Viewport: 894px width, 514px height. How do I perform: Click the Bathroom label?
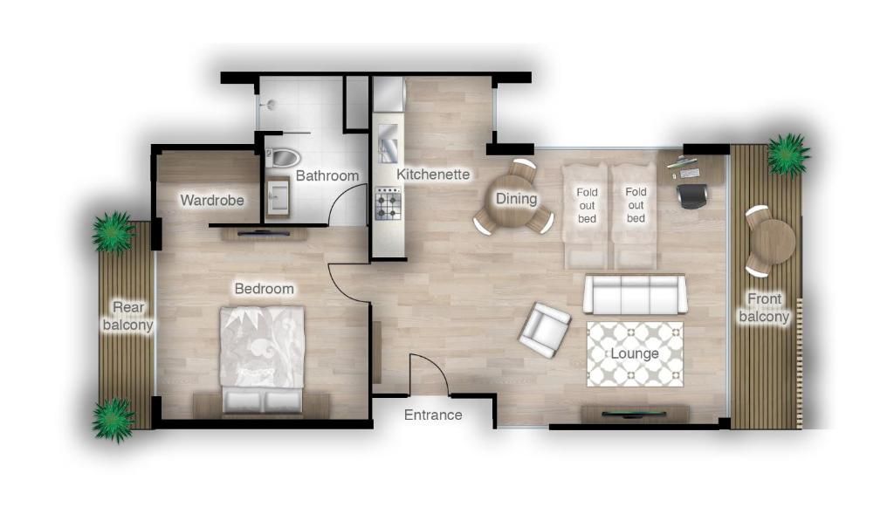tap(327, 175)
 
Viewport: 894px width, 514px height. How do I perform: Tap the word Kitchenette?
tap(433, 175)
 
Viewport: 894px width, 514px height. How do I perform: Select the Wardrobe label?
tap(212, 200)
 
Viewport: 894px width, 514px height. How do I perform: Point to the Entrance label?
tap(433, 415)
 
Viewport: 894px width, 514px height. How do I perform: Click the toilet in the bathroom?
tap(282, 157)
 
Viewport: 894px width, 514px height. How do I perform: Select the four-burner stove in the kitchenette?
tap(389, 205)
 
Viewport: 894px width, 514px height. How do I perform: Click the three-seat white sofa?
tap(634, 294)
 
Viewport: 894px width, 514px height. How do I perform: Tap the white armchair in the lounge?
tap(545, 330)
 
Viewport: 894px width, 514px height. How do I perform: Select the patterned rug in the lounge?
tap(636, 354)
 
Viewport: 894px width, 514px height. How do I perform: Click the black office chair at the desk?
tap(692, 196)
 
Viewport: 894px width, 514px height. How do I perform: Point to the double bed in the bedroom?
tap(262, 359)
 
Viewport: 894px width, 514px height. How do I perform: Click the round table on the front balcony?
tap(774, 241)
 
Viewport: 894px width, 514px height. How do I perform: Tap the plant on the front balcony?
tap(788, 154)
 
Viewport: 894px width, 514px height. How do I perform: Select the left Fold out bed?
tap(586, 216)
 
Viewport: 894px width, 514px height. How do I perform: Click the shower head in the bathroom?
tap(271, 104)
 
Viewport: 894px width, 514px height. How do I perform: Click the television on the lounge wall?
tap(635, 412)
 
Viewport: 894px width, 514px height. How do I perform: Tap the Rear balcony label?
tap(127, 316)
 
